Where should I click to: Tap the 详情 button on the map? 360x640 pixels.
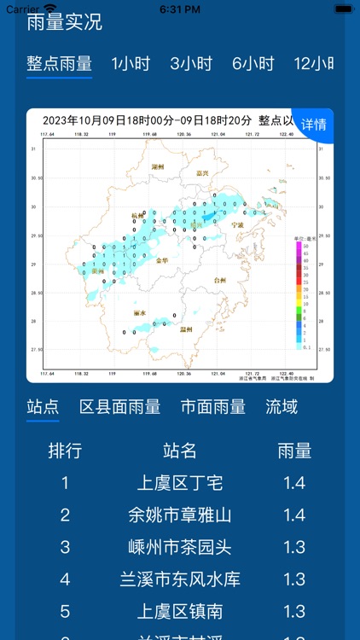click(x=313, y=125)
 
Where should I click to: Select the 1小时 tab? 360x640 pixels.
click(x=131, y=64)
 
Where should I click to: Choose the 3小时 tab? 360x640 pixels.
click(x=190, y=64)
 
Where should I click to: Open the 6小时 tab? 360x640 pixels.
click(x=253, y=64)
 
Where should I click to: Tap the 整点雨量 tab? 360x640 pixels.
click(x=59, y=64)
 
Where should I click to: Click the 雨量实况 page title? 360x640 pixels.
click(x=64, y=22)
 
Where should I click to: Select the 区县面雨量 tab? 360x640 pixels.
click(x=119, y=407)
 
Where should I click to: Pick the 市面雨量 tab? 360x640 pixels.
click(x=213, y=407)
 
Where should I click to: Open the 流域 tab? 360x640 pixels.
click(x=282, y=407)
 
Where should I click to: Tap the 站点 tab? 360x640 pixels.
click(x=43, y=407)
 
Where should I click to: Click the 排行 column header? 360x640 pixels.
click(x=65, y=451)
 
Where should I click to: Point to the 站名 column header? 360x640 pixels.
click(x=180, y=451)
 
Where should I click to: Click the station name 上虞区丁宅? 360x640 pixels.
click(x=180, y=483)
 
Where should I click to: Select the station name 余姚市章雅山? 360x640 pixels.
click(x=180, y=515)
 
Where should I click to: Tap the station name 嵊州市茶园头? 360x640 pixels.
click(x=180, y=547)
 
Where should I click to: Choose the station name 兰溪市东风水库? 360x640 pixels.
click(x=180, y=579)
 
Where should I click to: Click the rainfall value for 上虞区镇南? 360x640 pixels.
click(x=294, y=612)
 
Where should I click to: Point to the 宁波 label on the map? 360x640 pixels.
click(x=237, y=224)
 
